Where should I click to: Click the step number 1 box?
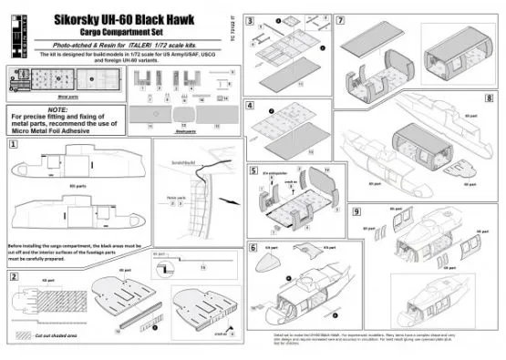13,143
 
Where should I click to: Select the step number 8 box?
491,96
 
